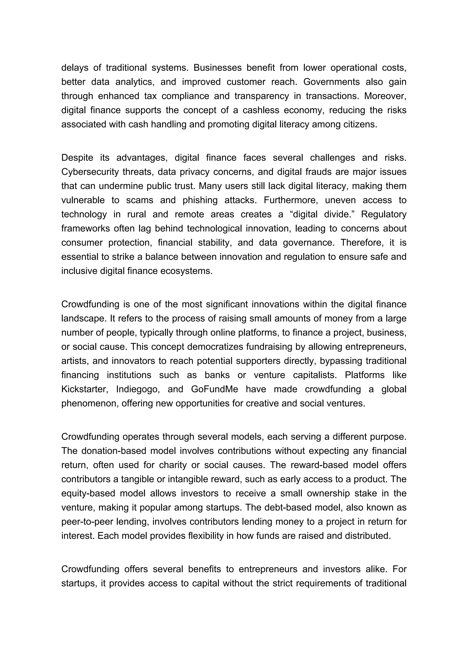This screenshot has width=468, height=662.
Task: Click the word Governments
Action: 331,82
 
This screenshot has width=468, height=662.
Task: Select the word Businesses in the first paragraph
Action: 218,68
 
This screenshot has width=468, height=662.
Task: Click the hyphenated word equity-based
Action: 88,493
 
